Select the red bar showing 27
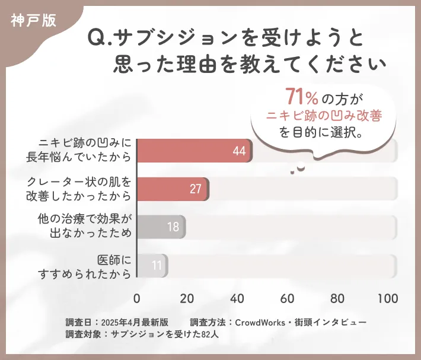tap(173, 189)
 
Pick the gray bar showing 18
tap(161, 227)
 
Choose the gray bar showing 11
tap(152, 265)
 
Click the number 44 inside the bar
tap(239, 152)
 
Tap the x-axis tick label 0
tap(138, 298)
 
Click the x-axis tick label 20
tap(187, 298)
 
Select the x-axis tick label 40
tap(238, 298)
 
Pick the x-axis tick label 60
tap(288, 298)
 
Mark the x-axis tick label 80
tap(338, 298)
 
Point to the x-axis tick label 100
tap(387, 298)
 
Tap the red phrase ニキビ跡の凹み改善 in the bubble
tap(324, 115)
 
